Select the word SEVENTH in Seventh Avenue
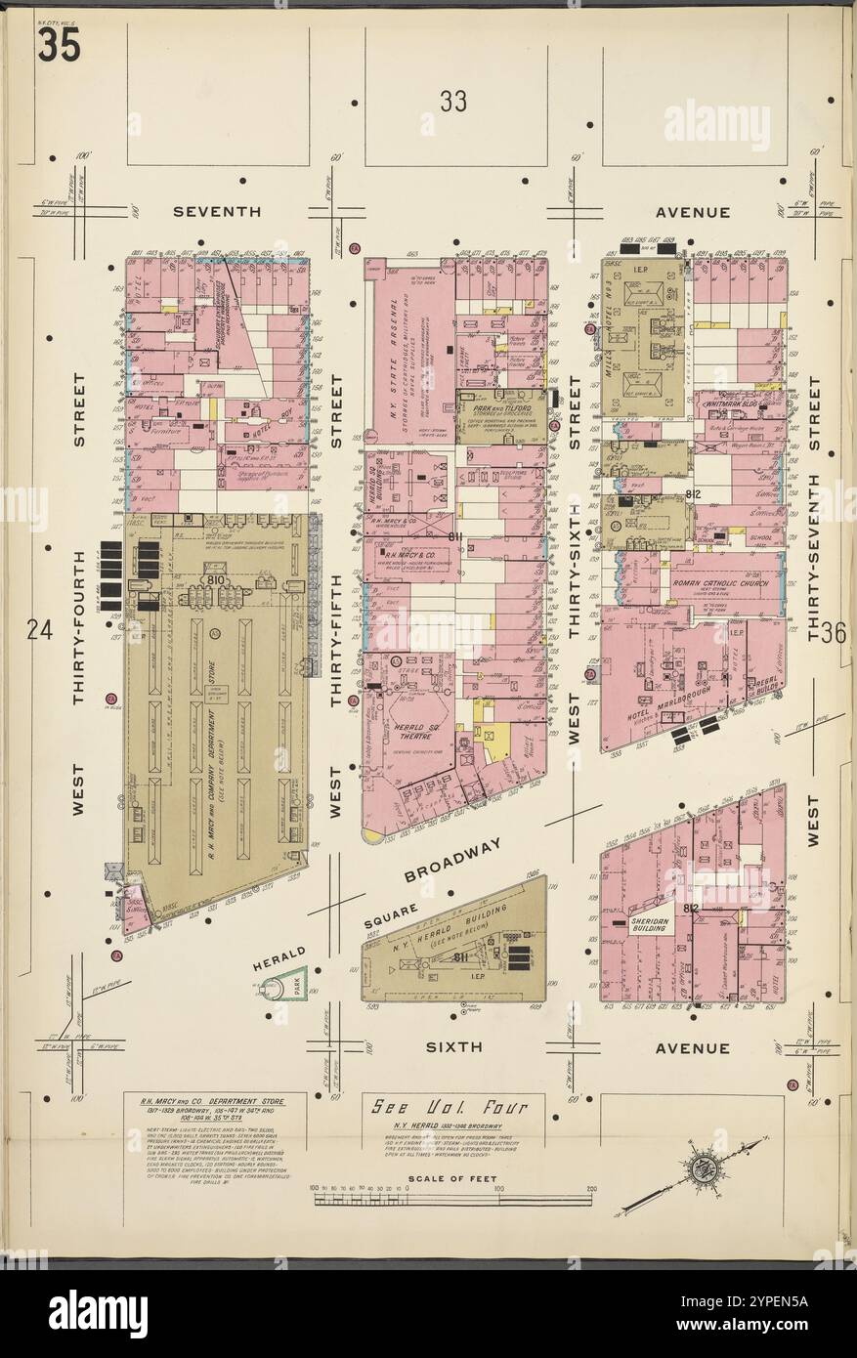[216, 211]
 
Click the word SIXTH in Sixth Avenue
[454, 1046]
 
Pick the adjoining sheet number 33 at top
[452, 101]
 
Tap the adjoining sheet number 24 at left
[39, 632]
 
